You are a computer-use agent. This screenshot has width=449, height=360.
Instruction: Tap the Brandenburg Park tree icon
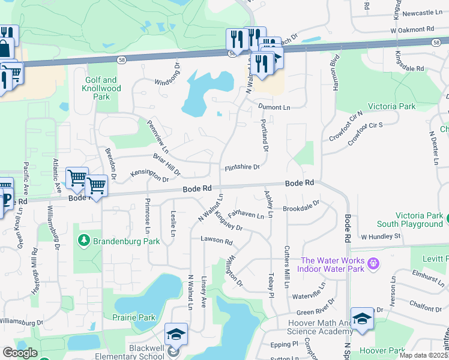coord(84,241)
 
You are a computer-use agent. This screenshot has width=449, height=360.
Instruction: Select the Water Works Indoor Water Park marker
coord(374,263)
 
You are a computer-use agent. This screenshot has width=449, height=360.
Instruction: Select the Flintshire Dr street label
coord(242,168)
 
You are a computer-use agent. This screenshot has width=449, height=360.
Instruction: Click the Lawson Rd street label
coord(216,241)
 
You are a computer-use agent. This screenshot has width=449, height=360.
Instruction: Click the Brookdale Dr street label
coord(301,209)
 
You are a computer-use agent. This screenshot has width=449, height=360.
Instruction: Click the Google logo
coord(19,353)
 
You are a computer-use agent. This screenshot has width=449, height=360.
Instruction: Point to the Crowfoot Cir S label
coord(366,128)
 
